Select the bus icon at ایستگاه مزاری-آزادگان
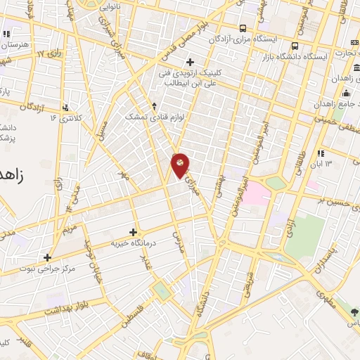tap(243, 28)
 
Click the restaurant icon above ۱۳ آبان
tap(321, 153)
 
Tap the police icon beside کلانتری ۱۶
tap(65, 108)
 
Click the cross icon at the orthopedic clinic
tap(190, 63)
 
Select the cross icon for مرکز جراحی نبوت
tap(47, 257)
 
